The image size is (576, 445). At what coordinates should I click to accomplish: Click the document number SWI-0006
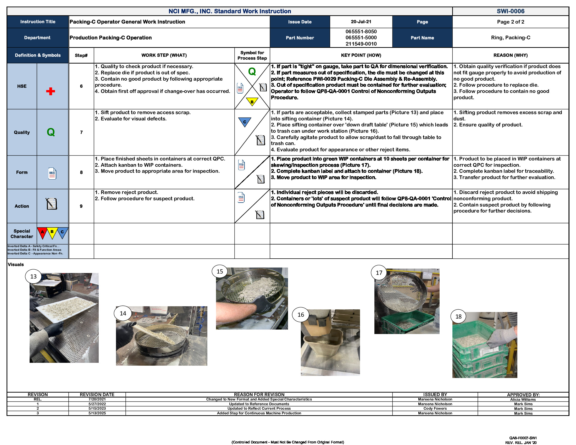point(510,11)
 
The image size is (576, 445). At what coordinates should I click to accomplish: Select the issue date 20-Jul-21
point(361,22)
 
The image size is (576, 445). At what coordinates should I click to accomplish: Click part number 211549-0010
point(361,44)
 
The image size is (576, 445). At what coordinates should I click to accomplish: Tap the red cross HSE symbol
point(50,91)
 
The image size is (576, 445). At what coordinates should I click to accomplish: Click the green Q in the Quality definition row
point(51,132)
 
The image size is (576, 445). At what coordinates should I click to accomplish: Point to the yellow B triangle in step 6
point(252,102)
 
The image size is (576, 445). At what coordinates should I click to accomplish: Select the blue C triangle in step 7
point(245,122)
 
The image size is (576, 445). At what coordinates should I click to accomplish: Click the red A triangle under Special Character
point(42,232)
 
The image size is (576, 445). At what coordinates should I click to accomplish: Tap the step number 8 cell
point(81,172)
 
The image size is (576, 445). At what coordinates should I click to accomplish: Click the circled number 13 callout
point(33,276)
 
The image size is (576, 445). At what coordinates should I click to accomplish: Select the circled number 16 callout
point(301,314)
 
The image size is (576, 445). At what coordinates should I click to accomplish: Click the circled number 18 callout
point(458,316)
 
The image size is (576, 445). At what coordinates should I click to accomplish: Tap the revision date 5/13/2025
point(97,413)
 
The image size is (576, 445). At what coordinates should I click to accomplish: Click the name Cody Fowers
point(435,408)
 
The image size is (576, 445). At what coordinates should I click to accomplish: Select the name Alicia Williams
point(523,399)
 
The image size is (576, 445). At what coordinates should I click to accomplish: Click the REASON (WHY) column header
point(510,55)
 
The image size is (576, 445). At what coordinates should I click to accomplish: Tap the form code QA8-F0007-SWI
point(523,438)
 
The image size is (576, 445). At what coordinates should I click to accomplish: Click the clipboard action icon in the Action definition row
point(52,204)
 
